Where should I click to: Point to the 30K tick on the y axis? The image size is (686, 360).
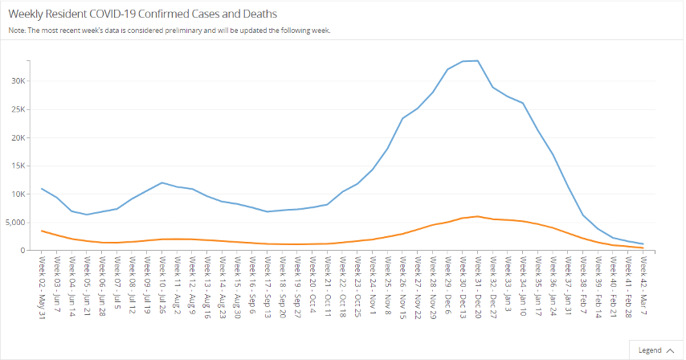[18, 81]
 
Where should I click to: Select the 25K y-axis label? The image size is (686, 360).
[18, 109]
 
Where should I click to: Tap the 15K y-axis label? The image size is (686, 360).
[18, 166]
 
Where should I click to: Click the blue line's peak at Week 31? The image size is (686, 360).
[478, 60]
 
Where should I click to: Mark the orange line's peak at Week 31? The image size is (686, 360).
[478, 216]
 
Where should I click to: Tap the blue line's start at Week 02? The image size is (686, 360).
[42, 189]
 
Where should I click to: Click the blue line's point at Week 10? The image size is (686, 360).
[162, 182]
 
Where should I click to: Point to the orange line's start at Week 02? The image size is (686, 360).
[42, 231]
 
